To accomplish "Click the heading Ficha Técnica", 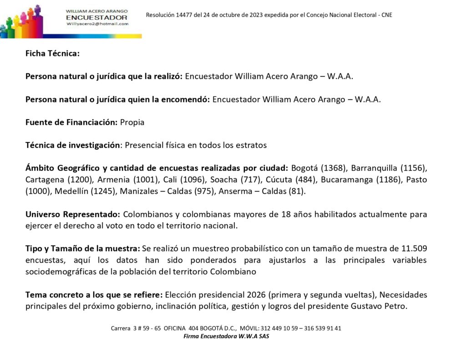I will [x=52, y=53].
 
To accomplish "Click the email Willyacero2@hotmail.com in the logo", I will [x=97, y=24].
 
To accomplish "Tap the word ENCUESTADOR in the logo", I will [x=96, y=17].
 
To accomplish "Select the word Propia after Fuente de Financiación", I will [x=132, y=122].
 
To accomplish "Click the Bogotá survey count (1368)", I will [x=322, y=167].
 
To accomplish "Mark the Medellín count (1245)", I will [x=104, y=191].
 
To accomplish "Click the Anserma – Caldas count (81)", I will [x=297, y=191].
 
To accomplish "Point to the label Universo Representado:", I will [x=73, y=214].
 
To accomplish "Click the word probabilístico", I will [x=254, y=248].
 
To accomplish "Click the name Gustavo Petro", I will [x=378, y=306].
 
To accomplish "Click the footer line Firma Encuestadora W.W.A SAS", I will [x=226, y=336].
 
